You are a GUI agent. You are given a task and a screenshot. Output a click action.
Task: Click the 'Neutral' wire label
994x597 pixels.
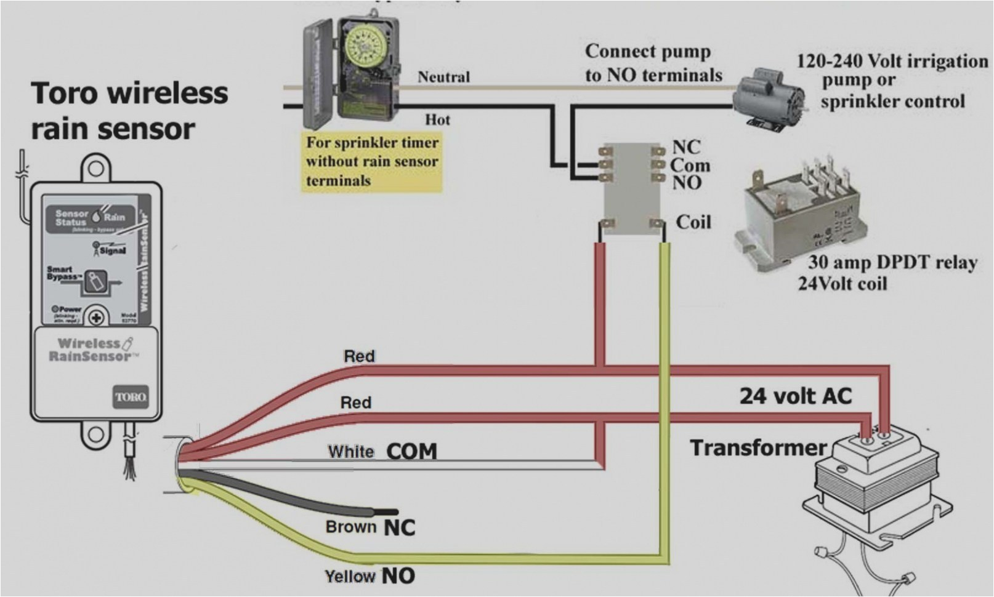pos(443,77)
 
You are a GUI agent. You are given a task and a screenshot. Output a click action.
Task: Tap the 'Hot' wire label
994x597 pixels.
pos(437,119)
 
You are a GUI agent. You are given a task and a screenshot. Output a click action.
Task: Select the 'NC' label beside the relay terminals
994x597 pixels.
pos(686,147)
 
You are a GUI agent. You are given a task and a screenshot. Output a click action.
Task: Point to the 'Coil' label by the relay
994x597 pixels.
pos(693,222)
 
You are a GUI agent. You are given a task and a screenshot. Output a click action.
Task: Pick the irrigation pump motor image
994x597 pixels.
pos(770,98)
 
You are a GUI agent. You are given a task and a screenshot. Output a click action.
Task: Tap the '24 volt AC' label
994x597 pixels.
pos(796,395)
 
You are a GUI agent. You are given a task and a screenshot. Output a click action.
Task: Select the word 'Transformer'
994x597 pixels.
pos(758,447)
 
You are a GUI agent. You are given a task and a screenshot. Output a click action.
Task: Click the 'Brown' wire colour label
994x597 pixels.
pos(350,527)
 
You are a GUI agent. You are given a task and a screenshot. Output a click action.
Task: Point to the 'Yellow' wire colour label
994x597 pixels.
pos(350,577)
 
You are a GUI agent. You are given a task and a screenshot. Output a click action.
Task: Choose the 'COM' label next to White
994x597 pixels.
pos(411,452)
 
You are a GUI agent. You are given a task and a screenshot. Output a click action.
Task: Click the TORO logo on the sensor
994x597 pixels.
pos(131,397)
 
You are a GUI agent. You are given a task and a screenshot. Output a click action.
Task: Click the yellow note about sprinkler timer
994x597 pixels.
pos(372,161)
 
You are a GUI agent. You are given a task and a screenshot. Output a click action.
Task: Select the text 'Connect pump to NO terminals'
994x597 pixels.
pos(653,63)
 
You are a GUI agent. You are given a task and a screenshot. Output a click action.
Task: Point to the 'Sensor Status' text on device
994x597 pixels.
pos(71,218)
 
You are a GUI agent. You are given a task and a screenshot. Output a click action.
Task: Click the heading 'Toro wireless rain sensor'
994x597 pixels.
pos(129,111)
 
